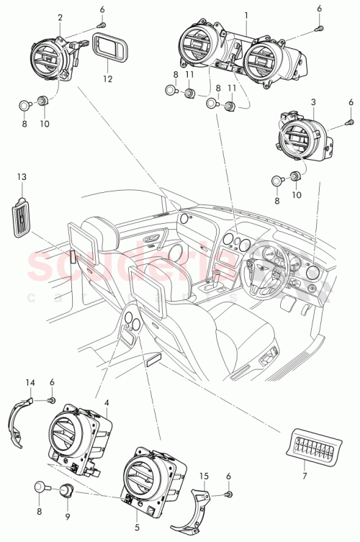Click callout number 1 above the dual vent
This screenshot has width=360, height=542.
tap(247, 15)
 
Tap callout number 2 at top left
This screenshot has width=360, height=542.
tap(60, 17)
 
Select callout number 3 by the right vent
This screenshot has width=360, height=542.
tap(313, 103)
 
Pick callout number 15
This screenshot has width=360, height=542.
tap(204, 476)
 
